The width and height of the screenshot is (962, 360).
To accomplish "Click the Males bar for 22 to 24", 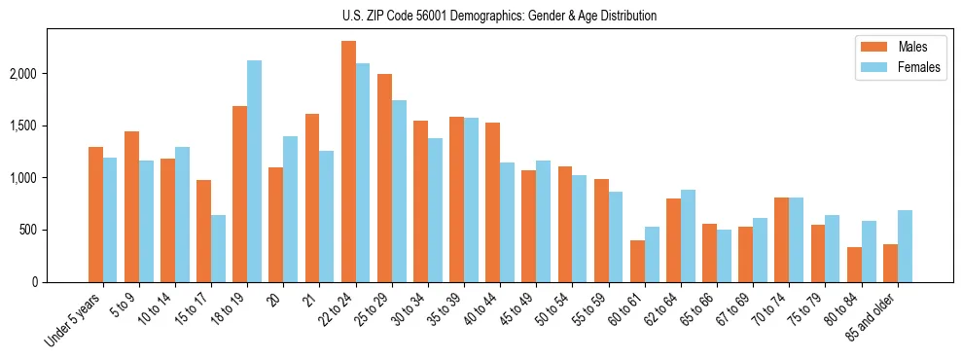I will (x=348, y=162).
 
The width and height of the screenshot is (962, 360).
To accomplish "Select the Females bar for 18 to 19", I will (x=254, y=171).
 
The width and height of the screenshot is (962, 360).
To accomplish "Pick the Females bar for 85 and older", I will (x=905, y=246).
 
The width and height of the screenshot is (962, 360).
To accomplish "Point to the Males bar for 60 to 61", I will (x=637, y=261).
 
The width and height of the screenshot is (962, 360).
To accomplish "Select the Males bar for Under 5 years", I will (x=95, y=214).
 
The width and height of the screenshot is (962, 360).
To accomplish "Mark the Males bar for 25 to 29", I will (x=384, y=178).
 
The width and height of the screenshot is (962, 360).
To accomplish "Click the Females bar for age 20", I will (x=290, y=209).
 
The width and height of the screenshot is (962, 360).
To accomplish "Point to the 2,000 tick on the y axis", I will (x=47, y=74).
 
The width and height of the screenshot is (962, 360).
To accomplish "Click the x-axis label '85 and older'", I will (x=872, y=317).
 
